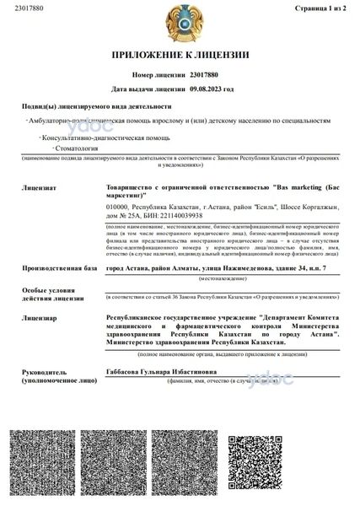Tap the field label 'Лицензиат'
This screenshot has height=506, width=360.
click(x=40, y=180)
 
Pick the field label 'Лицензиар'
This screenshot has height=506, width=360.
click(x=40, y=318)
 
